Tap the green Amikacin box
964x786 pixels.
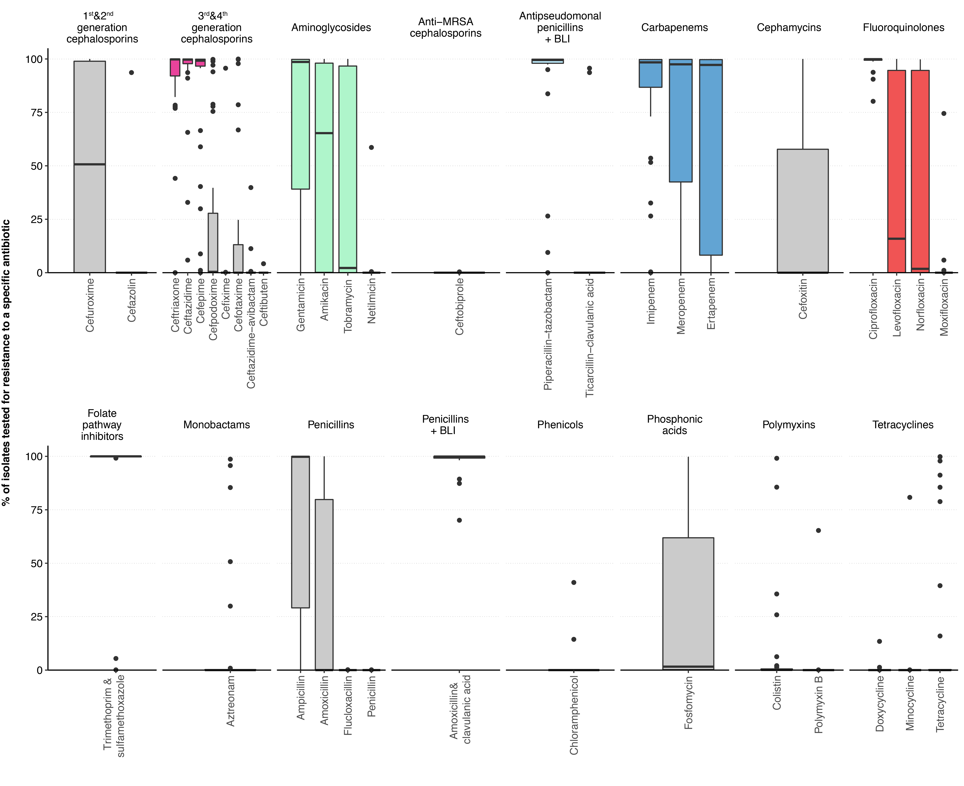tap(324, 204)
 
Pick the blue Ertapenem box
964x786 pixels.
tap(710, 158)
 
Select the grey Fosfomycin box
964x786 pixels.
tap(688, 602)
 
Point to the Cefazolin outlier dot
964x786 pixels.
tap(131, 72)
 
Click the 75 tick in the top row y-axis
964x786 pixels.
tap(36, 112)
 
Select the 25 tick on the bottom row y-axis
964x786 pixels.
tap(36, 617)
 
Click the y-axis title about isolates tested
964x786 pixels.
tap(6, 362)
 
